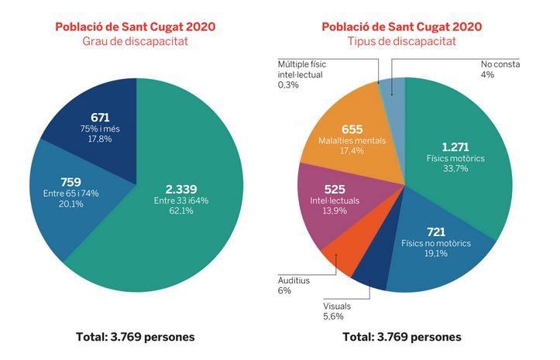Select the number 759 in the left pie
tap(70, 182)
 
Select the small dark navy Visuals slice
tap(369, 277)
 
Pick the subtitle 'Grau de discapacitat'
tap(135, 41)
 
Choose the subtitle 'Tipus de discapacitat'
tap(402, 41)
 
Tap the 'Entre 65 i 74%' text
tap(70, 194)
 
